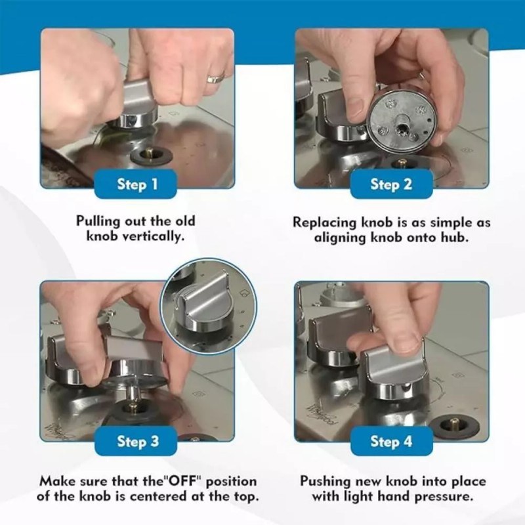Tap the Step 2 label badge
point(391,184)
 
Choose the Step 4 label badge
point(391,441)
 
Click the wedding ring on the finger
point(216,78)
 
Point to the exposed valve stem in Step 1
point(150,154)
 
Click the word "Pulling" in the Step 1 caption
point(98,222)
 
